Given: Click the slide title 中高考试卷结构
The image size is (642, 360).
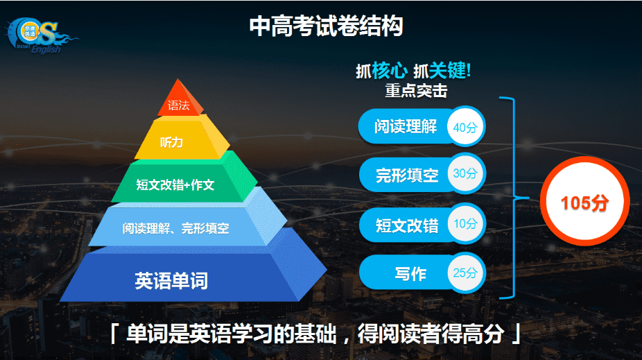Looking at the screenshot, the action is coord(327,26).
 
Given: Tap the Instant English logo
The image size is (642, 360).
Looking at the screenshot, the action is coord(40,35).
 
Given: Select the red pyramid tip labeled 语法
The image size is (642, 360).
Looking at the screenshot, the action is coord(180,98).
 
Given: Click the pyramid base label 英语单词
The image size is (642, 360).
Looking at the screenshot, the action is coord(171,281).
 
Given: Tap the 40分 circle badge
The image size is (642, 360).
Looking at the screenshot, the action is coord(465,127).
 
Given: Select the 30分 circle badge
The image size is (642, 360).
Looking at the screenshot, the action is coord(465,173).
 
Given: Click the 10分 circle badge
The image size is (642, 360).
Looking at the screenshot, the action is coord(465,223).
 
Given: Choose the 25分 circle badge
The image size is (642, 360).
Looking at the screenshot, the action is coord(465,273).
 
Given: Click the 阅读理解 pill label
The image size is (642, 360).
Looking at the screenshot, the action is coord(406,126).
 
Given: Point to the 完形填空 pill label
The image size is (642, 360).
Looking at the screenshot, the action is coord(407,175).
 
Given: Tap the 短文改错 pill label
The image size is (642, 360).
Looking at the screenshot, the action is coord(407,225).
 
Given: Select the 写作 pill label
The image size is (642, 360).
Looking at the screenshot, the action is coord(410,274).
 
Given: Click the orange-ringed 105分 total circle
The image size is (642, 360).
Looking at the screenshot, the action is coord(584,201).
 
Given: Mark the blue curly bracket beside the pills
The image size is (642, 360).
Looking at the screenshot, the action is coord(514,198).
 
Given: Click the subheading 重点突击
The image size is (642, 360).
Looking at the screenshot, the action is coord(416,90).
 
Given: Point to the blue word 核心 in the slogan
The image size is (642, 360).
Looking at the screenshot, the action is coord(390,71).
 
